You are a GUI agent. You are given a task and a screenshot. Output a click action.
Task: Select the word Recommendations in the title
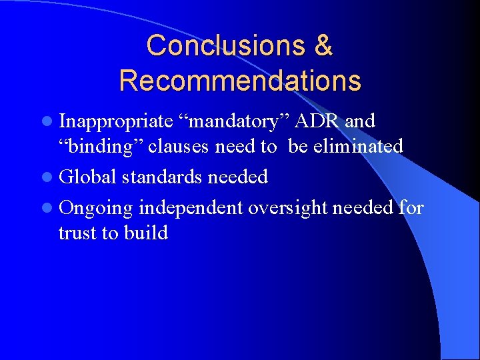(x=240, y=81)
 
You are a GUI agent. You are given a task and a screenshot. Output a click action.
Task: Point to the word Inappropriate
(x=115, y=122)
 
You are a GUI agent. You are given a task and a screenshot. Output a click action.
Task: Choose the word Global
(x=88, y=177)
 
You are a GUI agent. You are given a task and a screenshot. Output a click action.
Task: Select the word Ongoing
(x=96, y=209)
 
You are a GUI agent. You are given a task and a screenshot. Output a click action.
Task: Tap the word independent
(x=191, y=209)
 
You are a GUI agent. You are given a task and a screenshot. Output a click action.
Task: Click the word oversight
(x=287, y=209)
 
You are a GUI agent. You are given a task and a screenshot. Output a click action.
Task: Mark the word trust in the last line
(x=79, y=233)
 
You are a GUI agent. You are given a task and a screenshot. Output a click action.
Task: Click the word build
(x=146, y=233)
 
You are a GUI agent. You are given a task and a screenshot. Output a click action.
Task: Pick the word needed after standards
(x=238, y=177)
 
